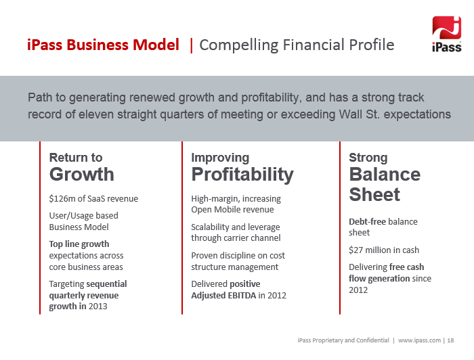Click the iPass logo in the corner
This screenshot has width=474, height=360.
tap(446, 34)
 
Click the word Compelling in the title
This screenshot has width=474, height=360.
tap(238, 45)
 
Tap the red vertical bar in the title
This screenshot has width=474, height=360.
tap(192, 45)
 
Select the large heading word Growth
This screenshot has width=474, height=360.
tap(82, 175)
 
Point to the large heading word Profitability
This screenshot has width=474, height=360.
tap(242, 175)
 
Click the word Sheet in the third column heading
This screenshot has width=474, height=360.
tap(374, 194)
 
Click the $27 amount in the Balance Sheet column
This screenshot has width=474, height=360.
tap(355, 250)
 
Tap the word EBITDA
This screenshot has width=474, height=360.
tap(242, 295)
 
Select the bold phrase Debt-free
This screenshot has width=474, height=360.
tap(367, 222)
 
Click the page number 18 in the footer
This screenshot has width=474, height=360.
tap(450, 340)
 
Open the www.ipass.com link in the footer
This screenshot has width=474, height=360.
tap(419, 340)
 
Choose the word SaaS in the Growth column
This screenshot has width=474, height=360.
tap(96, 199)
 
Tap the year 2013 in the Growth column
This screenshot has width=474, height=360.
tap(98, 307)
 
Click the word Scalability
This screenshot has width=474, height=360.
tap(210, 227)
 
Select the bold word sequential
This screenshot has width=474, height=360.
tap(107, 284)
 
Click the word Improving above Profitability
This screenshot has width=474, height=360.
tap(220, 158)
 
